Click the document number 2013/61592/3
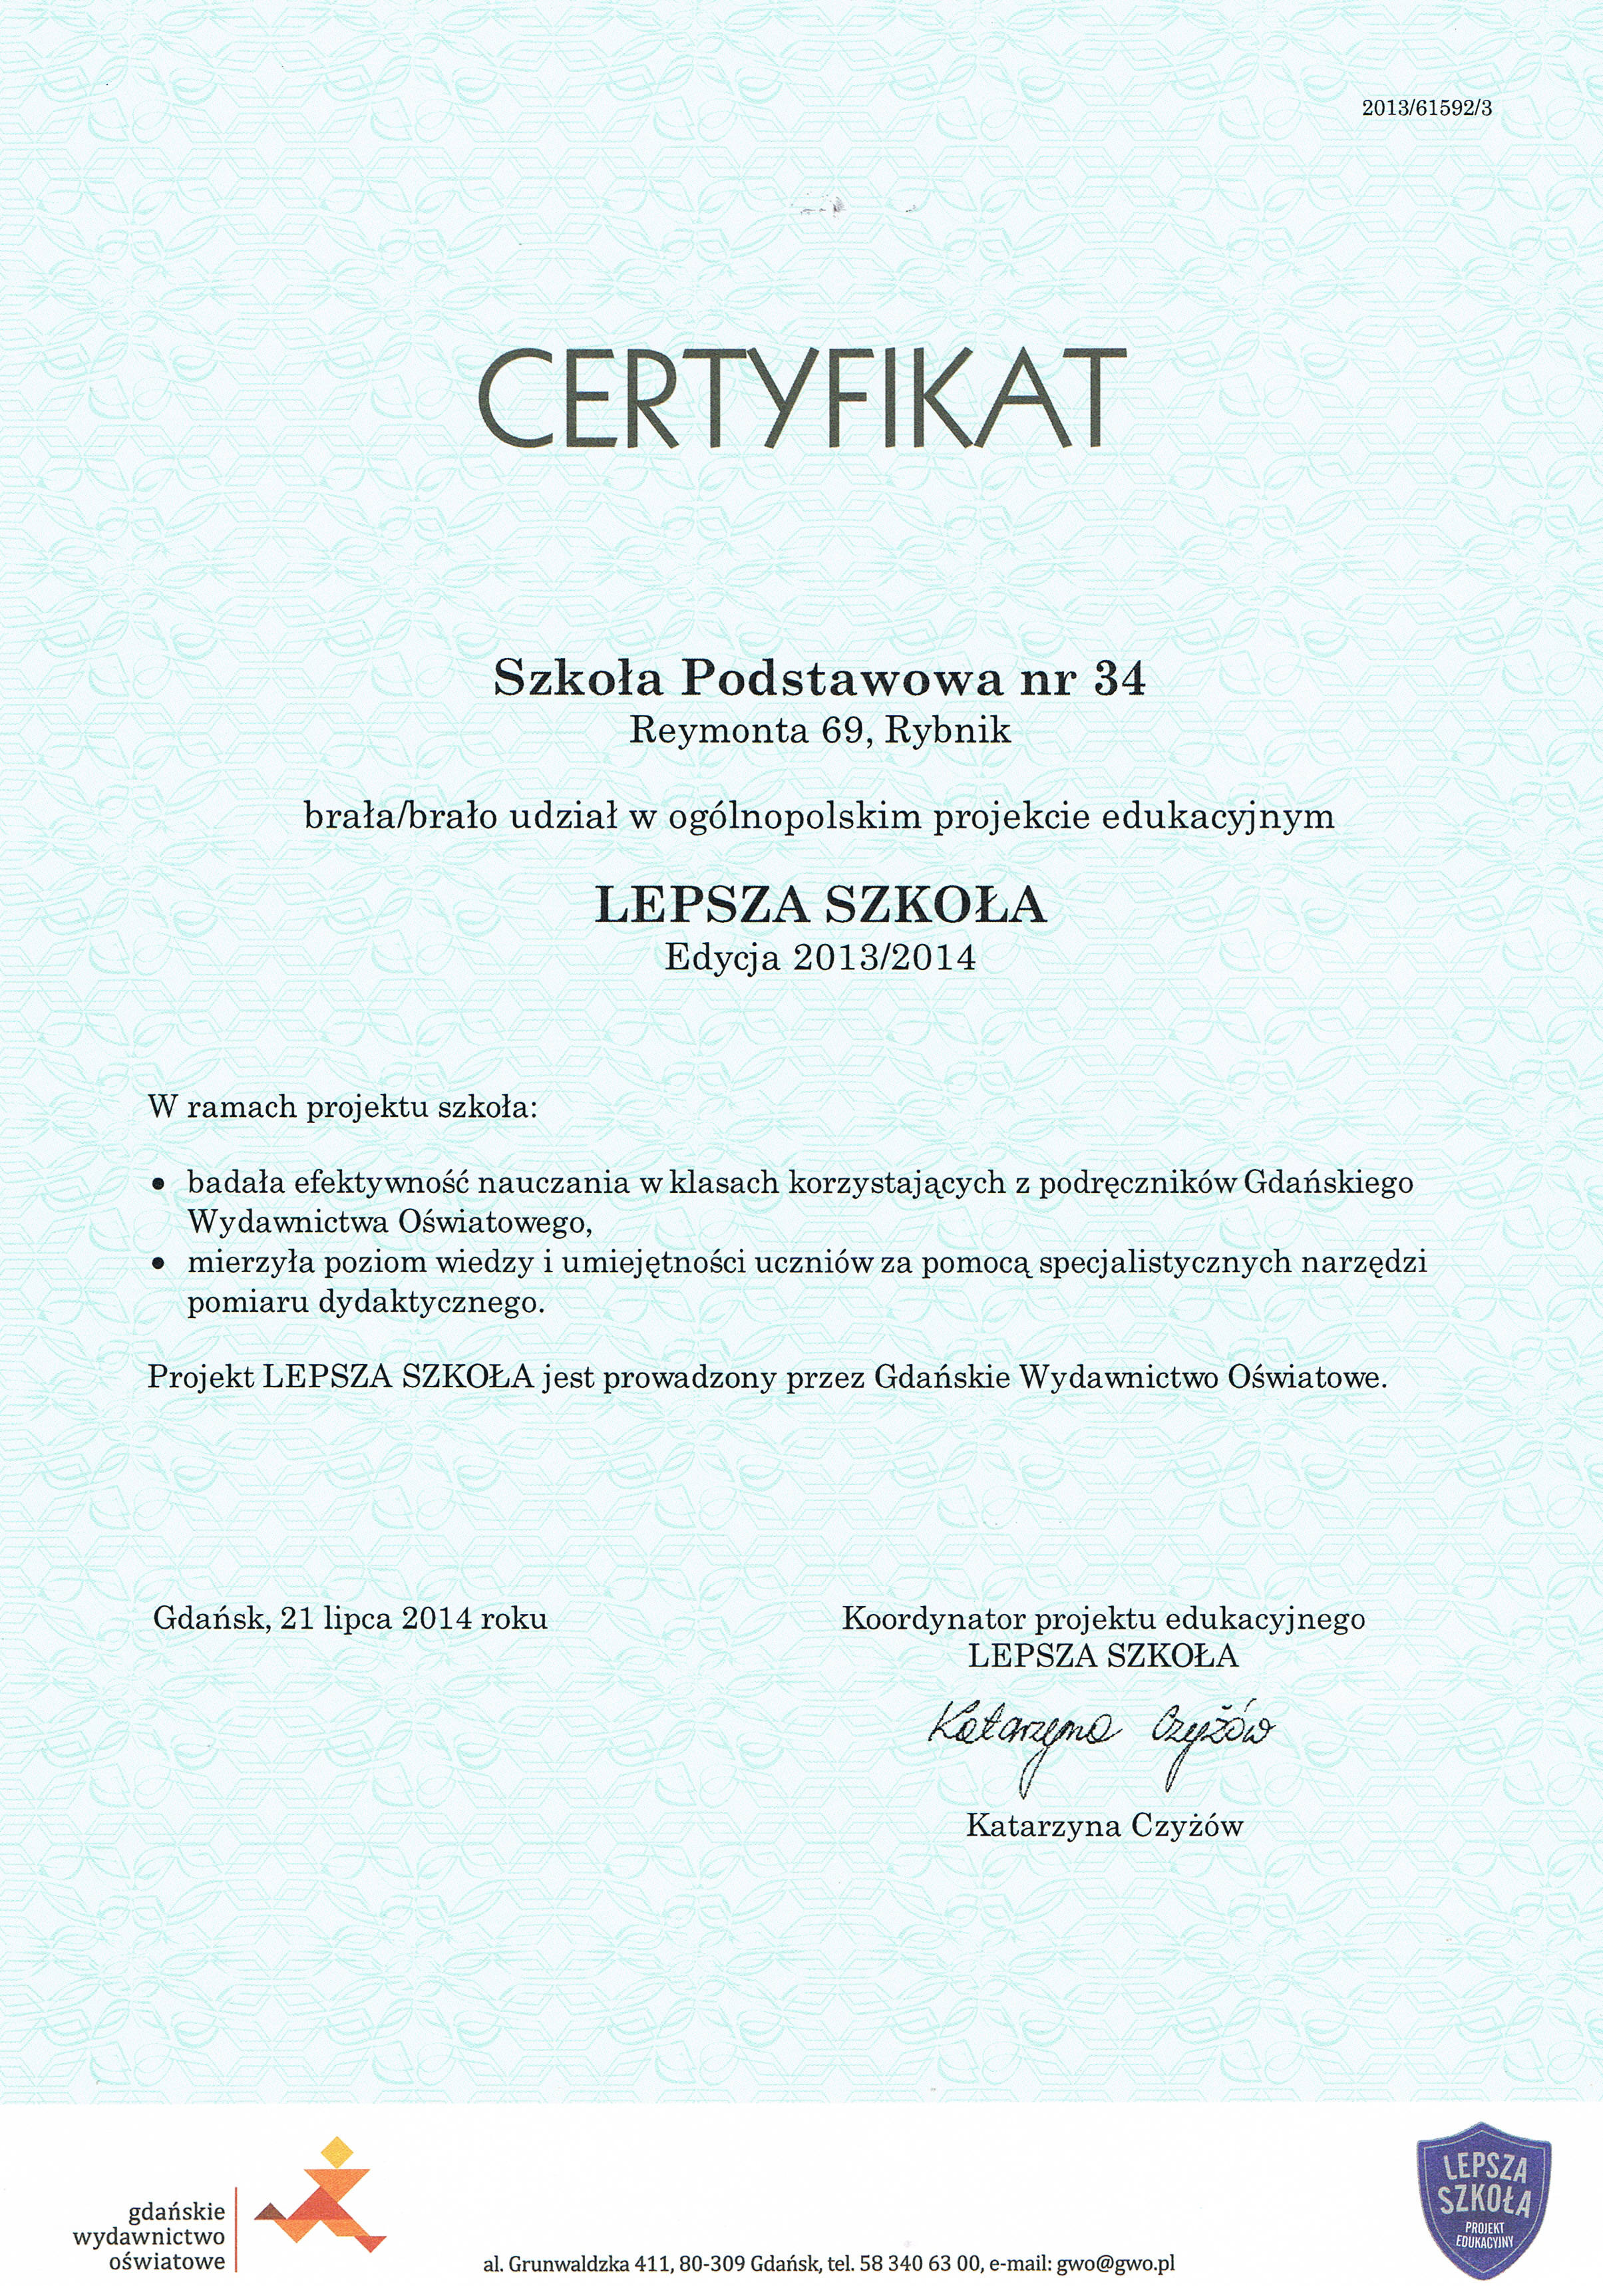click(x=1427, y=110)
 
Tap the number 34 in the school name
click(x=1119, y=679)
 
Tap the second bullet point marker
click(x=156, y=1265)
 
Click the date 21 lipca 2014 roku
click(x=413, y=1619)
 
